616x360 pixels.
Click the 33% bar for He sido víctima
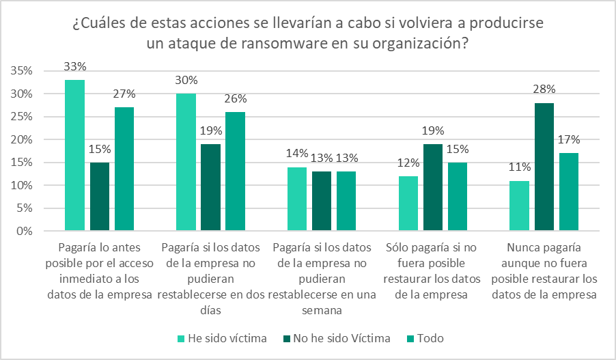click(x=74, y=155)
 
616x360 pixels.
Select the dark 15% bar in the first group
click(x=99, y=197)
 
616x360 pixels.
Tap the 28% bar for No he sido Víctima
click(x=544, y=167)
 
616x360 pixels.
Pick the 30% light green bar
click(x=186, y=162)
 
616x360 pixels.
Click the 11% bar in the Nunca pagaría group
click(x=520, y=206)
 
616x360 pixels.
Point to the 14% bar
click(x=297, y=199)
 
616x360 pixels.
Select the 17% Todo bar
click(x=568, y=192)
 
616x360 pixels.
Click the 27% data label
click(x=124, y=94)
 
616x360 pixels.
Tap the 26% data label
click(x=235, y=99)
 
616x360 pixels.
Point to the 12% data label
click(x=408, y=163)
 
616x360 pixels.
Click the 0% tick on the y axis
click(x=25, y=232)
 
